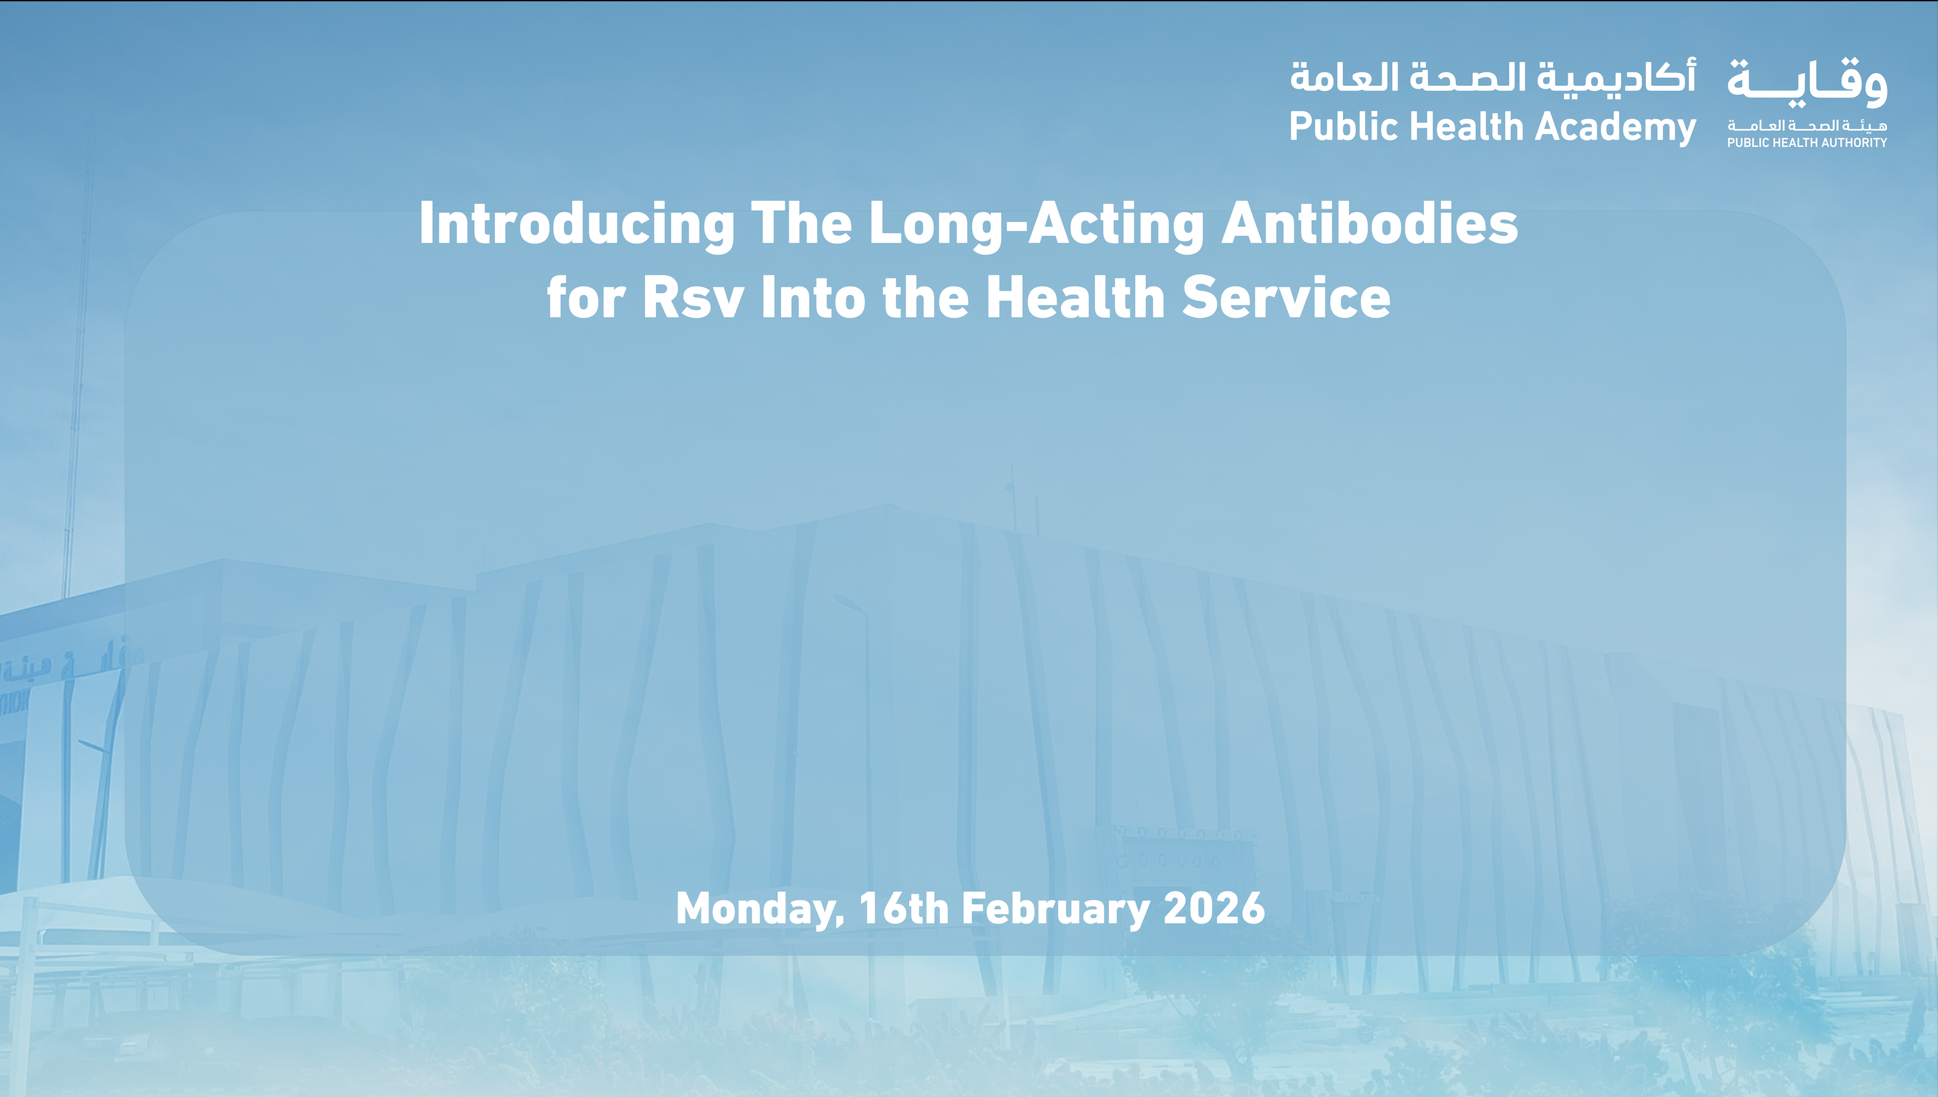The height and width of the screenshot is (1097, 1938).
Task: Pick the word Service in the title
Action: tap(1285, 298)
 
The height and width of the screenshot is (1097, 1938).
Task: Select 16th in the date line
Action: tap(904, 908)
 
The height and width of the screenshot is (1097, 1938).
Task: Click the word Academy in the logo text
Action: tap(1615, 126)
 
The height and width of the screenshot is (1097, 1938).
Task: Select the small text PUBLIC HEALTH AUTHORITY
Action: tap(1807, 142)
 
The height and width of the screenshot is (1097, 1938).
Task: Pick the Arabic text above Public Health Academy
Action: tap(1492, 78)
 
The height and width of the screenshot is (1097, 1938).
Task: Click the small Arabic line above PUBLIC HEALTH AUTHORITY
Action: tap(1807, 125)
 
